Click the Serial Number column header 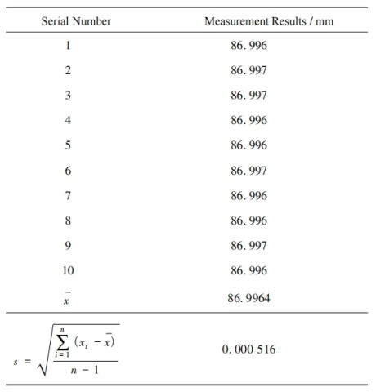[x=77, y=20]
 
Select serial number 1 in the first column [x=68, y=45]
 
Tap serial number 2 [x=68, y=70]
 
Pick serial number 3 [x=68, y=95]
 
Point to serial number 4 [x=68, y=120]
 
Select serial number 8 [x=68, y=220]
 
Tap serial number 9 [x=68, y=244]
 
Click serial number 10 [x=68, y=269]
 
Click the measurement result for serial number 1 [x=250, y=45]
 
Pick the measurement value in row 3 [x=250, y=95]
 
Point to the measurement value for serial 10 [x=250, y=269]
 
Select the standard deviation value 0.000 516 [x=250, y=350]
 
